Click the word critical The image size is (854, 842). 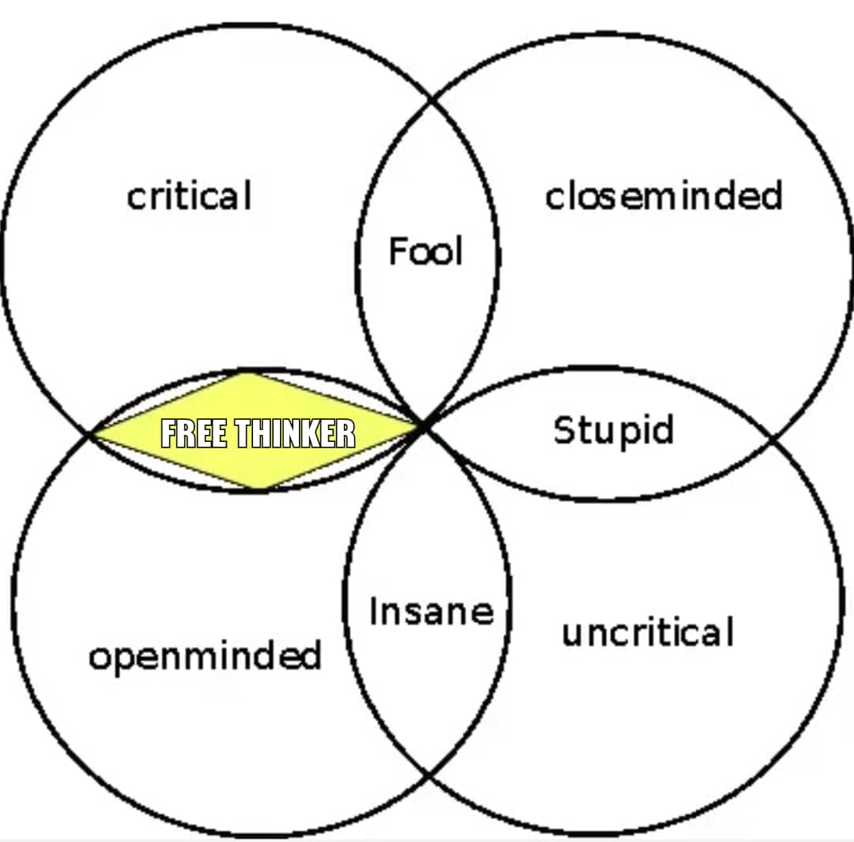click(189, 195)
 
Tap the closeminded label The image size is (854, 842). click(663, 195)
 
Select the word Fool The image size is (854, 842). click(425, 251)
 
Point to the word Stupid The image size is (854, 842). click(613, 431)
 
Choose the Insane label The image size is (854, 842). click(431, 611)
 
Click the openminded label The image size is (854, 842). click(205, 657)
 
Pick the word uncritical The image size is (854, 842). click(648, 632)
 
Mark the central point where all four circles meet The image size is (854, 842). click(424, 428)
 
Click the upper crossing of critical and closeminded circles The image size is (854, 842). click(432, 101)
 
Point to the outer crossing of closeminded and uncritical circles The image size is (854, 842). click(773, 436)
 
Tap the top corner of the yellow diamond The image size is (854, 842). click(249, 373)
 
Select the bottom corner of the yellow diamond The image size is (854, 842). click(260, 489)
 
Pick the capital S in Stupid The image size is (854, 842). click(563, 431)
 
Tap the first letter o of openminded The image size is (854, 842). click(98, 659)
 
